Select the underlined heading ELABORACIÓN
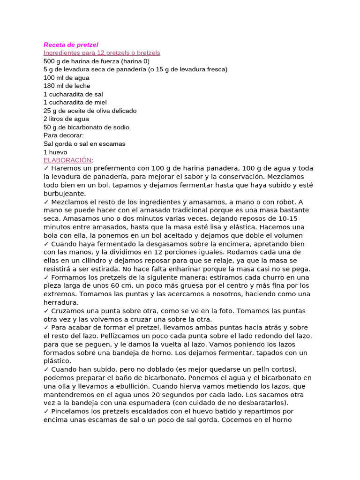[67, 160]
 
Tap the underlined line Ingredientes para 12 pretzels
[102, 53]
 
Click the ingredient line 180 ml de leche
[67, 86]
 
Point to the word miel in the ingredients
[100, 103]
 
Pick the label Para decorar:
[63, 135]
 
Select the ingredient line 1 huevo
[55, 152]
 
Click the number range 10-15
[286, 219]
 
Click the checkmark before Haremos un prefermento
[46, 168]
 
